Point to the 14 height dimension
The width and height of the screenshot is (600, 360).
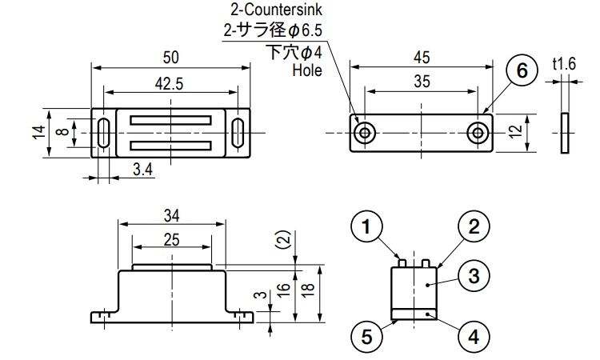[38, 131]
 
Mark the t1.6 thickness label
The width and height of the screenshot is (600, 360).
[564, 63]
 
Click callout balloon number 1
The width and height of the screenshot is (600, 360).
[366, 228]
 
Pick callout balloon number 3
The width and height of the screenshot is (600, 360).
[473, 277]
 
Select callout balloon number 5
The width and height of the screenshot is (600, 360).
[366, 336]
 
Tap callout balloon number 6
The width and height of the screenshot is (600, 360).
[521, 71]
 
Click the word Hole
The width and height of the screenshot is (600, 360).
[306, 70]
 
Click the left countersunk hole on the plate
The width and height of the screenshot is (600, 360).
[365, 132]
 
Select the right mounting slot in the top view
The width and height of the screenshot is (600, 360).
[238, 132]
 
